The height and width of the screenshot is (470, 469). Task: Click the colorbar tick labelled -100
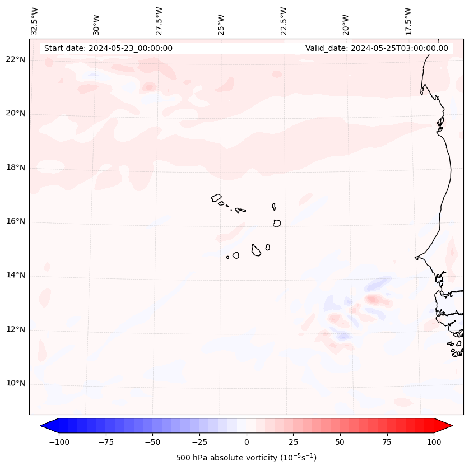coord(59,443)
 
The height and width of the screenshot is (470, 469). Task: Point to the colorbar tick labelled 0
coord(247,443)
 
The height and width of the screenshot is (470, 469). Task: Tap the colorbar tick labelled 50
coord(340,443)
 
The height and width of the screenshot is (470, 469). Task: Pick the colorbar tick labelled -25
coord(199,443)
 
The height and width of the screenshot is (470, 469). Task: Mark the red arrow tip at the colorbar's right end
coord(451,426)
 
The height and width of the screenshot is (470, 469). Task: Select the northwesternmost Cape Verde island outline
coord(216,198)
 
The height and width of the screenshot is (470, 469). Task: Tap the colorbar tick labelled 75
coord(387,443)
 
